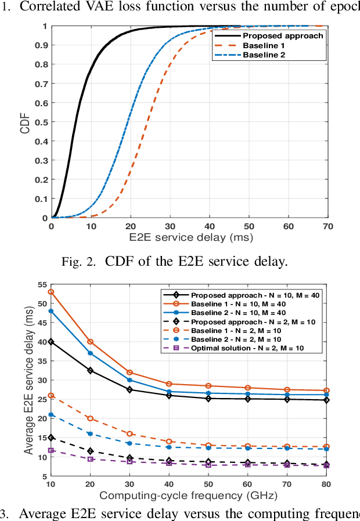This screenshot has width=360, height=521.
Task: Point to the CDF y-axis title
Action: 24,122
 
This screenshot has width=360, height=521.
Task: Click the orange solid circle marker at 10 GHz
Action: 51,292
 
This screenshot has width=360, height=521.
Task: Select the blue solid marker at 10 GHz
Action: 51,311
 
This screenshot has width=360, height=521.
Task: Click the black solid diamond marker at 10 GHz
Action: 51,342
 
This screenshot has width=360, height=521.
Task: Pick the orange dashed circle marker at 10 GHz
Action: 51,395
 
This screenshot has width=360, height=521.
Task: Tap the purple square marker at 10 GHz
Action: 51,450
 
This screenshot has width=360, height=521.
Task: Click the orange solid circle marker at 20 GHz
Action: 91,342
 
